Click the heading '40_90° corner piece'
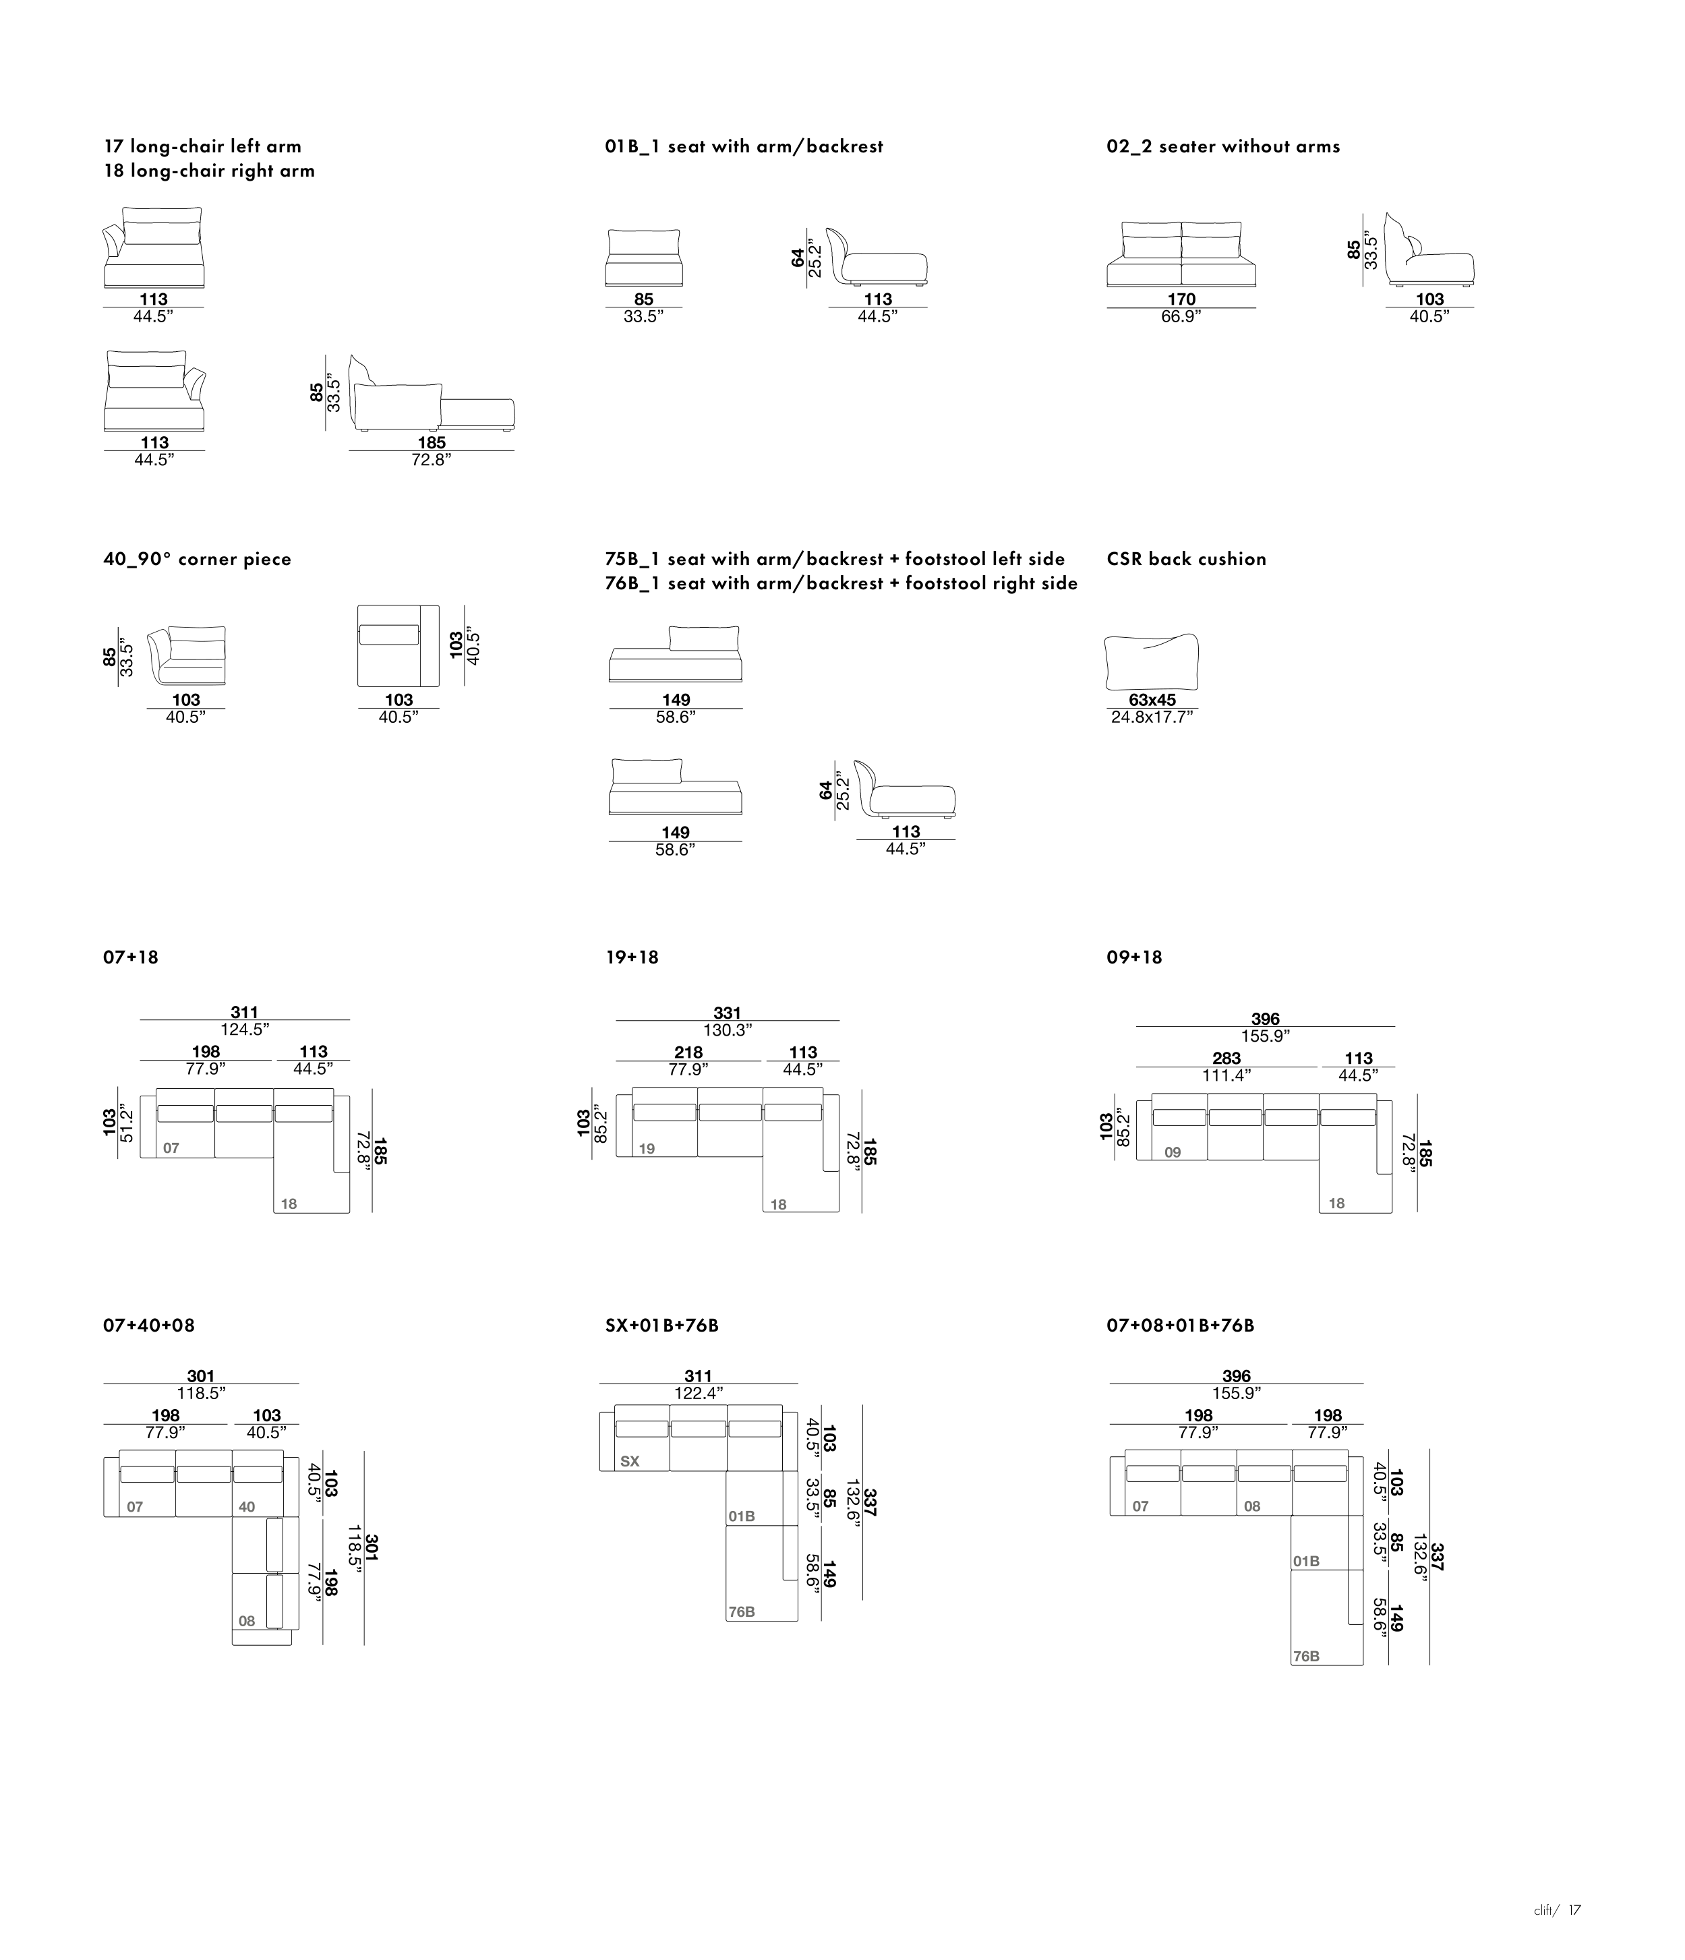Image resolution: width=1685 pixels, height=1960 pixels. coord(197,559)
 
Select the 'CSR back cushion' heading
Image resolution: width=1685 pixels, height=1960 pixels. coord(1185,559)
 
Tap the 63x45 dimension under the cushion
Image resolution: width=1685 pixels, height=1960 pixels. coord(1152,700)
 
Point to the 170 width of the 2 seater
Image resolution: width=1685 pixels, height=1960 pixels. coord(1181,299)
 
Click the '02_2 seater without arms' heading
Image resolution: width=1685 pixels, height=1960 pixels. coord(1222,146)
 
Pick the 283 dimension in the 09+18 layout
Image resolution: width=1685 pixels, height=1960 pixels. coord(1226,1059)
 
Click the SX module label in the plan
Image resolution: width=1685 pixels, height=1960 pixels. coord(629,1462)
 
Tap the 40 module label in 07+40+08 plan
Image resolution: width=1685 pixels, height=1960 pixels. coord(247,1507)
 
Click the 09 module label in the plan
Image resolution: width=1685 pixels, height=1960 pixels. coord(1172,1152)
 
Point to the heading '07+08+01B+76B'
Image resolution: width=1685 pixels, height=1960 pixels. coord(1180,1326)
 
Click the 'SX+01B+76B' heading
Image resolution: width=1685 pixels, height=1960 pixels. coord(661,1326)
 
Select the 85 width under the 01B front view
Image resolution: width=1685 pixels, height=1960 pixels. coord(643,299)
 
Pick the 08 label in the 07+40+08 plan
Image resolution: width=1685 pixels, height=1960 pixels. coord(247,1620)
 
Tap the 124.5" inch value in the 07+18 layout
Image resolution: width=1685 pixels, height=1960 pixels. coord(244,1029)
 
